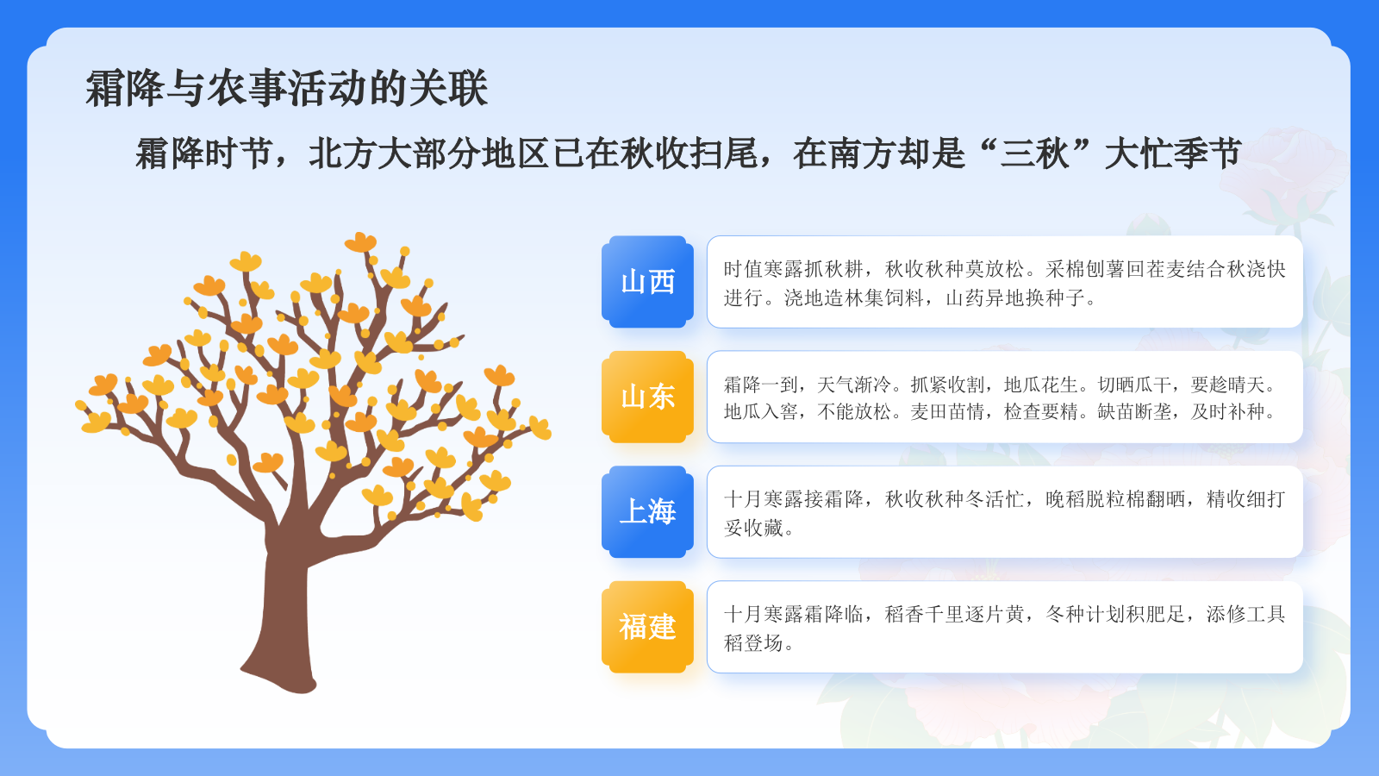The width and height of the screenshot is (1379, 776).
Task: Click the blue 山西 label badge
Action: coord(647,282)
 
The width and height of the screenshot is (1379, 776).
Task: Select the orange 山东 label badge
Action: coord(647,397)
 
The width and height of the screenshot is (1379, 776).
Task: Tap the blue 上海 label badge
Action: coord(647,511)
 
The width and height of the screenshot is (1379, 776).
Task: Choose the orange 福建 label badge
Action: coord(647,627)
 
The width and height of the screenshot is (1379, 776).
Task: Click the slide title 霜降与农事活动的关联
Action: coord(287,89)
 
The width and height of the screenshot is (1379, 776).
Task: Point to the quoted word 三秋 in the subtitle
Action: coord(1034,153)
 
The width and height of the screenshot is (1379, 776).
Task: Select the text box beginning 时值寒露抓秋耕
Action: coord(1004,282)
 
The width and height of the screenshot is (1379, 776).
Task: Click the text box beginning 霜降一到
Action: coord(1004,397)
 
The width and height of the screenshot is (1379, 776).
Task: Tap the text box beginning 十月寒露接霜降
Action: coord(1004,511)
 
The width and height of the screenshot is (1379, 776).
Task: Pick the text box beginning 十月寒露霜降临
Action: coord(1004,627)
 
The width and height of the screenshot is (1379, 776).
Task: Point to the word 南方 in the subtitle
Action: coord(862,153)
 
